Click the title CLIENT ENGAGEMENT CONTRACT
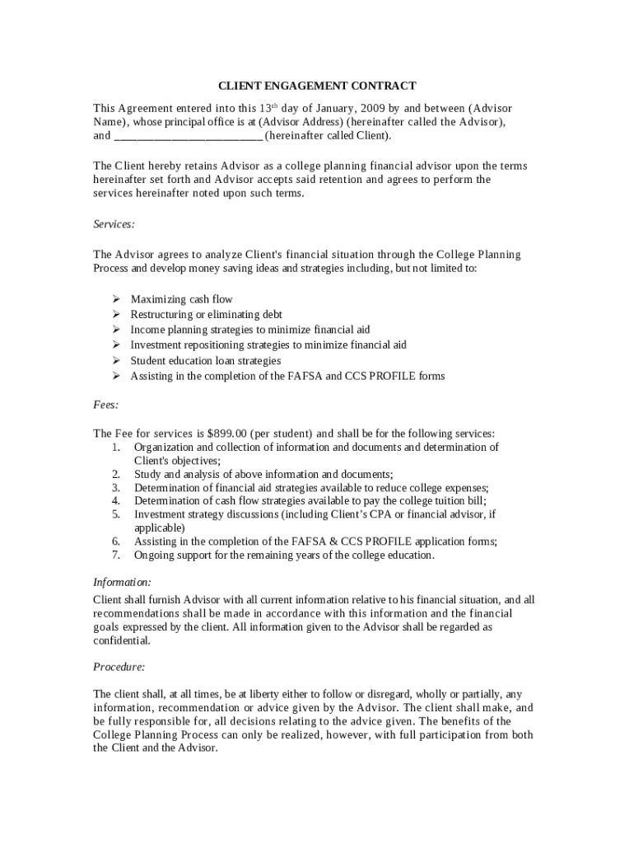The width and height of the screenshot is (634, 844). tap(317, 86)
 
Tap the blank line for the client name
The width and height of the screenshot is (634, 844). tap(188, 136)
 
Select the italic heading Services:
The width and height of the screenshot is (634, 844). tap(114, 223)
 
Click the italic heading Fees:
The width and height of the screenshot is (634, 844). tap(105, 405)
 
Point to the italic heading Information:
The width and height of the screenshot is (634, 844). tap(122, 583)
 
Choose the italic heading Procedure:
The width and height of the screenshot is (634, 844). tap(119, 666)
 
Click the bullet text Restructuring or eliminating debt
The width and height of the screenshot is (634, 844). tap(206, 315)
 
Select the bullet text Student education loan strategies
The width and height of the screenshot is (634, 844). tap(205, 361)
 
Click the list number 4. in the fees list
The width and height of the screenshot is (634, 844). tap(116, 500)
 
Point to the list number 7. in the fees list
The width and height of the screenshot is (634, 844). tap(116, 555)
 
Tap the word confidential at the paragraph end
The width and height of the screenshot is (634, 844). tap(121, 640)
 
